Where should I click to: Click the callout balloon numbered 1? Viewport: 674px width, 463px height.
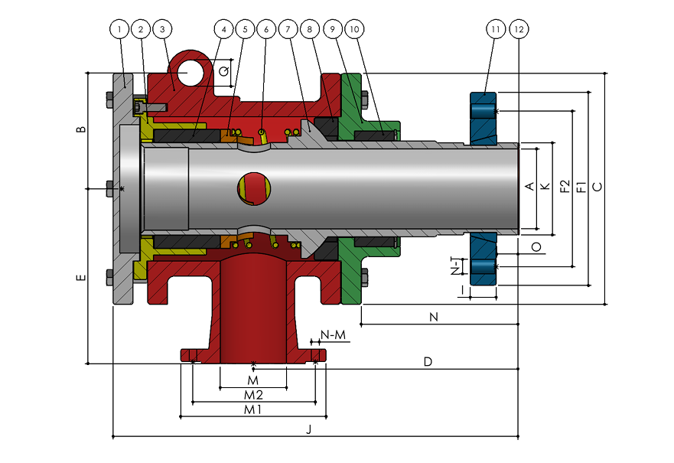[x=119, y=29]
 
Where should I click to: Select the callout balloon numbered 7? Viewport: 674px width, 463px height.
[x=288, y=29]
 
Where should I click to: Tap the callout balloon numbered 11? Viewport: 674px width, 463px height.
[x=496, y=29]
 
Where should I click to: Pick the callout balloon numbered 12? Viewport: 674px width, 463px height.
[x=519, y=29]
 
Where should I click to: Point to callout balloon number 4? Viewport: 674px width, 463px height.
[x=223, y=29]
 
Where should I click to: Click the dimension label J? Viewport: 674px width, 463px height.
[x=308, y=429]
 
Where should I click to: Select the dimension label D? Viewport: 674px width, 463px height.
[x=428, y=361]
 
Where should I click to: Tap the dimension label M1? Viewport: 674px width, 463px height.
[x=252, y=409]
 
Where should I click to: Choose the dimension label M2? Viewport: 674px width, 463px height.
[x=253, y=395]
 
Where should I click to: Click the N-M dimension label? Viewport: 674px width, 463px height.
[x=333, y=334]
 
